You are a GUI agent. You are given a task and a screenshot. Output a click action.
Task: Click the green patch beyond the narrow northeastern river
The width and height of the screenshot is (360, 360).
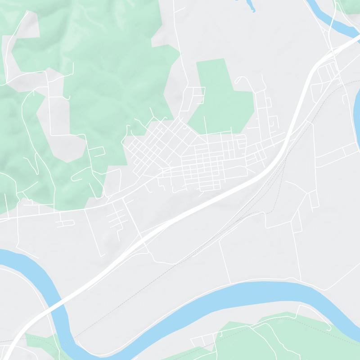coord(349,5)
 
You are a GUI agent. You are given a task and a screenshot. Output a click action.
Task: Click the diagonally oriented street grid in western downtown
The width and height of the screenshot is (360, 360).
coord(153,144)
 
